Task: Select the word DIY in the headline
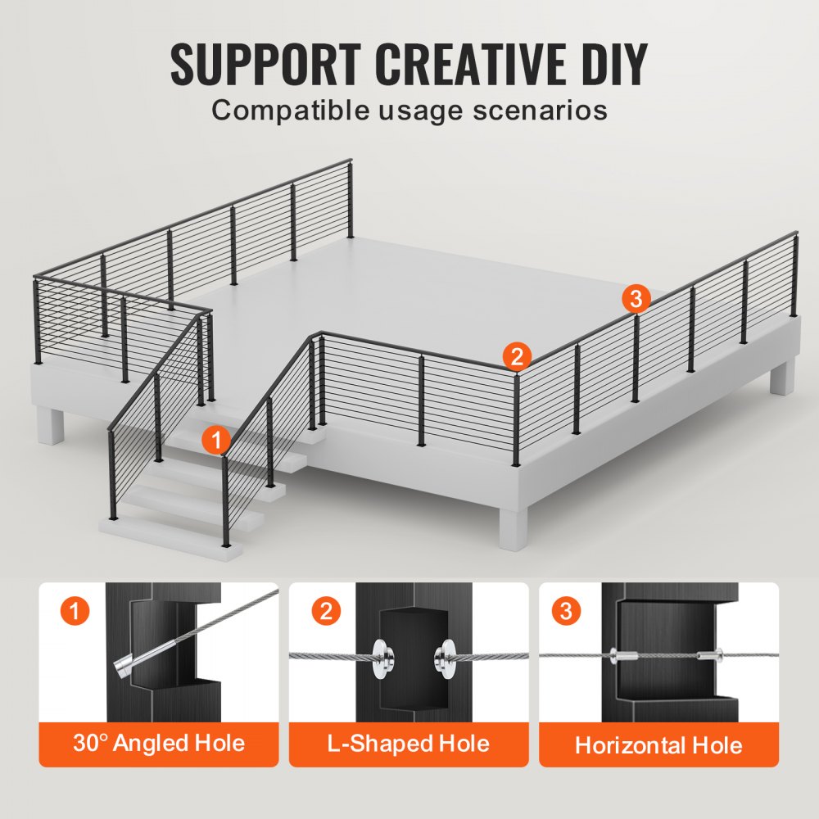[611, 64]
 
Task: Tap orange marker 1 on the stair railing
[215, 441]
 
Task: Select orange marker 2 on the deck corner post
[516, 356]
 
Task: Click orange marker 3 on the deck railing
[636, 298]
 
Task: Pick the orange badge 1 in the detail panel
[76, 612]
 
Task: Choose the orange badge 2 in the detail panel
[326, 612]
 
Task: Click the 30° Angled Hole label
[159, 744]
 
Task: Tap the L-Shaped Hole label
[409, 744]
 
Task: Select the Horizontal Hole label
[658, 745]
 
